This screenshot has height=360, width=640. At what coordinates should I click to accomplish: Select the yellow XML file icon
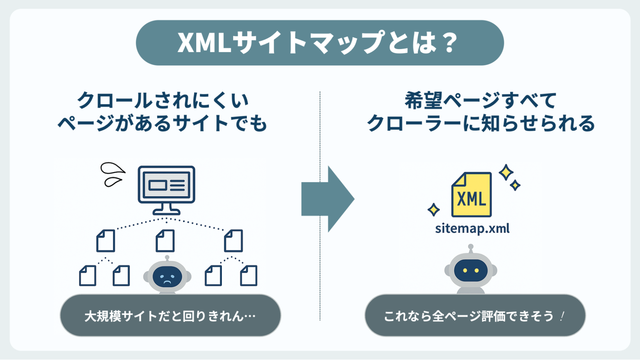(471, 195)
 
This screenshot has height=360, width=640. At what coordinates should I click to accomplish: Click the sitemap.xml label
(472, 228)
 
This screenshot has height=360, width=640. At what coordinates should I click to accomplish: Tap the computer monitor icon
(166, 189)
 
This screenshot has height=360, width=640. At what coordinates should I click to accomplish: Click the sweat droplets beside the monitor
(112, 174)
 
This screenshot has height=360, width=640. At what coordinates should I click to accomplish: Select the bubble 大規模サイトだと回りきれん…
(170, 316)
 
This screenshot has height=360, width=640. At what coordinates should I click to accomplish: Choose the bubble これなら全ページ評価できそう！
(475, 316)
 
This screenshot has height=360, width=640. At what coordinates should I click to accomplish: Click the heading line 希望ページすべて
(480, 100)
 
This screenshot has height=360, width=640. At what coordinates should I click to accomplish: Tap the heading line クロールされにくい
(163, 100)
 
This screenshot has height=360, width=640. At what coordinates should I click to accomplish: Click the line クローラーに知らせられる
(480, 124)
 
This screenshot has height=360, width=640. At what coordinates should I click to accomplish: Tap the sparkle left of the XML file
(433, 210)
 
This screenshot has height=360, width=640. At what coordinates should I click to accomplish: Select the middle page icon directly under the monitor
(165, 241)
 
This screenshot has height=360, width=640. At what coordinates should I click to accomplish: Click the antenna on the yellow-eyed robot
(471, 248)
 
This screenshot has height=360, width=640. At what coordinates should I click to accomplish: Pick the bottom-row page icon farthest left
(87, 276)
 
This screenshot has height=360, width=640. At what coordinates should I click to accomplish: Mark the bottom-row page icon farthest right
(249, 276)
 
